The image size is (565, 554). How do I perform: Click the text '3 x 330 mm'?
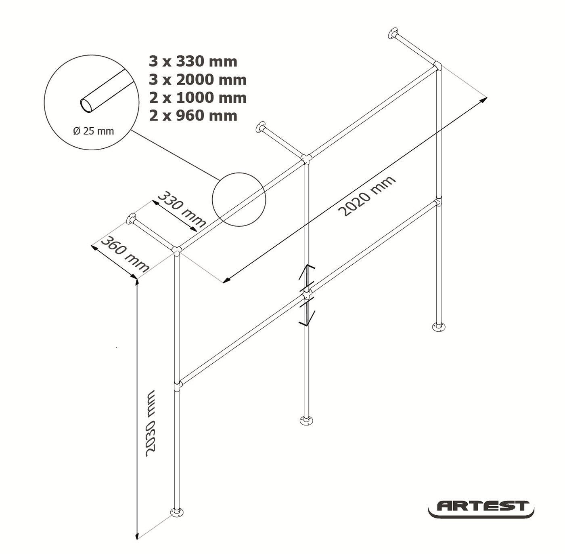tap(193, 62)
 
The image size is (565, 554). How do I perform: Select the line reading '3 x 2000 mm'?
tap(198, 80)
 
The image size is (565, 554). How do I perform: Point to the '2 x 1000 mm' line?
tap(198, 98)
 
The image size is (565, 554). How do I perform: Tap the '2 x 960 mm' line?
tap(193, 116)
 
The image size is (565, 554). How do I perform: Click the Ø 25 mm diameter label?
tap(94, 131)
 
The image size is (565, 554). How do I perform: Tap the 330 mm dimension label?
tap(182, 209)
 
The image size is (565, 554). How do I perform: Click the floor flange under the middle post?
tap(306, 420)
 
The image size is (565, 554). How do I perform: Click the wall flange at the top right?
tap(393, 34)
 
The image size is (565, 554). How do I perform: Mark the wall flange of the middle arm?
tap(260, 127)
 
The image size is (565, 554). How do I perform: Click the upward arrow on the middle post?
tap(306, 276)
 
